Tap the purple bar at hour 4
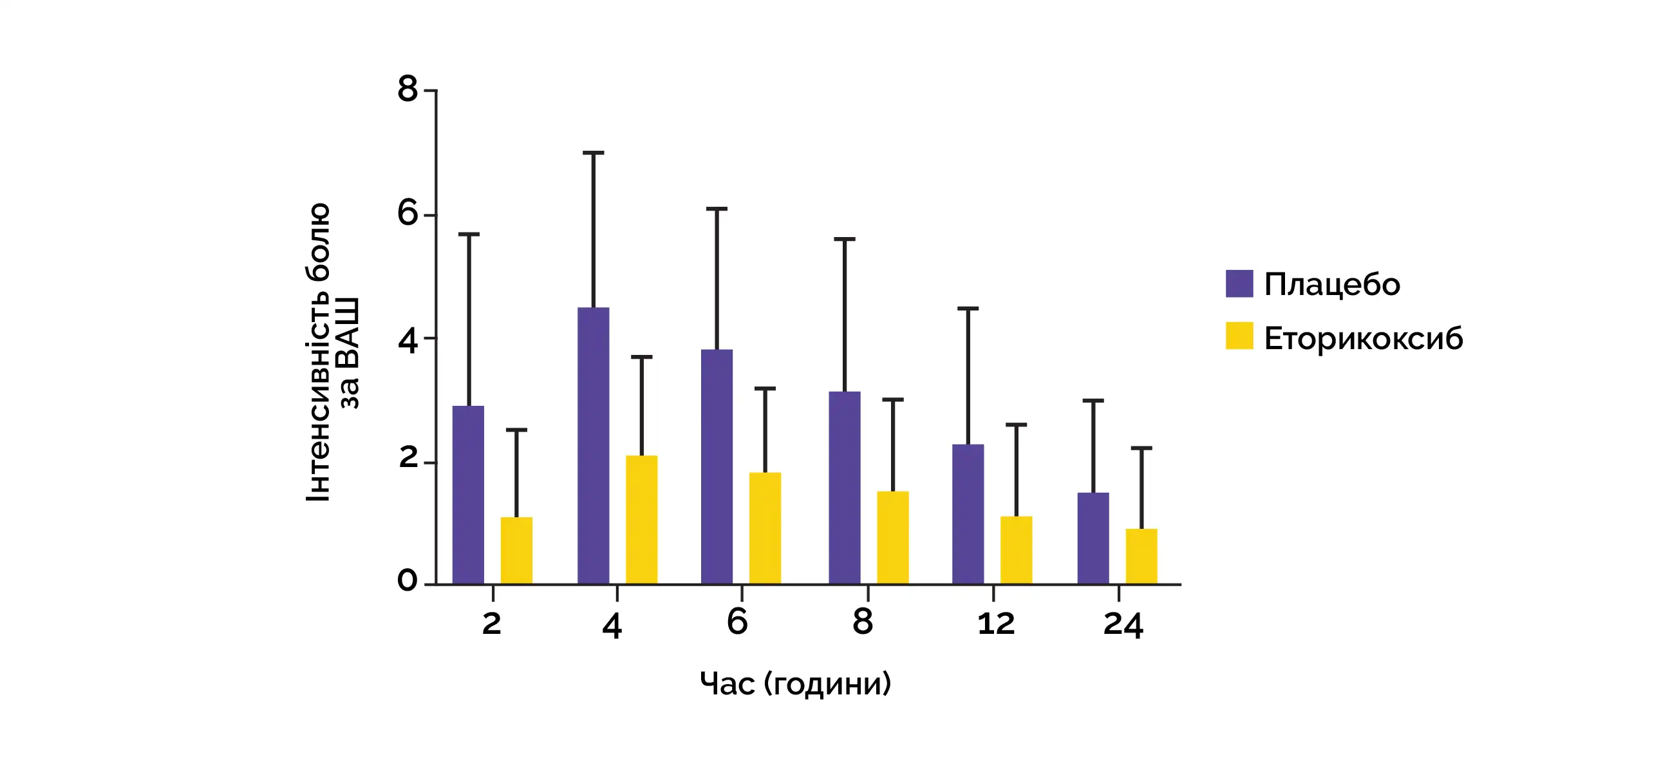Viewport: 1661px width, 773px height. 593,446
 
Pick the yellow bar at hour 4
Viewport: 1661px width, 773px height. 642,520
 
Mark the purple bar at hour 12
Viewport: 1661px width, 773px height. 968,514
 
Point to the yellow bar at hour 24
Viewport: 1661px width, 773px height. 1141,556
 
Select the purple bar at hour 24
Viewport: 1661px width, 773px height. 1093,538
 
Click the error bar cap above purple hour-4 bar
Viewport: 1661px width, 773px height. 593,153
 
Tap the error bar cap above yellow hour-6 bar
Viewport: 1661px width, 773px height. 765,388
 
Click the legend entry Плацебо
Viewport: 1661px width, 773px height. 1332,285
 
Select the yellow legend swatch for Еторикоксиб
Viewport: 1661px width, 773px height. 1239,336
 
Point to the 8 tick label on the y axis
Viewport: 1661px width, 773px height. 408,89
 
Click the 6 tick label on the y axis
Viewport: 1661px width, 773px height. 408,213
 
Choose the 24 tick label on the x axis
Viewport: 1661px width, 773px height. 1123,625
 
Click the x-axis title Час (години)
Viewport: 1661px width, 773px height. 795,683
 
